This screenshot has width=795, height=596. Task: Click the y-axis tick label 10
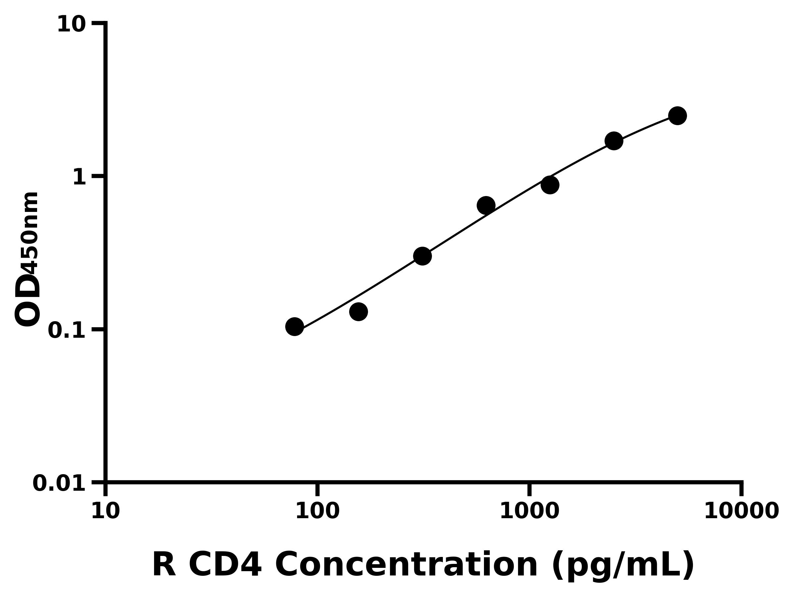[x=72, y=25]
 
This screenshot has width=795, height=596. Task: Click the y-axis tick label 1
[x=79, y=177]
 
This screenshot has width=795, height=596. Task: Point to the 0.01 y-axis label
[x=59, y=483]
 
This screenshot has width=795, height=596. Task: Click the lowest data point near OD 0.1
[x=294, y=326]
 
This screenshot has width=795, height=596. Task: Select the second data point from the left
[x=358, y=312]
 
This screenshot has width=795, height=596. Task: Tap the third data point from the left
[x=422, y=256]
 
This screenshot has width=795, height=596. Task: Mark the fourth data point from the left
[x=486, y=206]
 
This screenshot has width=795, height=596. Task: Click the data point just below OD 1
[x=550, y=185]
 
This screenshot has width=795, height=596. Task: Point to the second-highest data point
[x=614, y=141]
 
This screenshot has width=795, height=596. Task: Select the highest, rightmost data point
[x=677, y=116]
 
